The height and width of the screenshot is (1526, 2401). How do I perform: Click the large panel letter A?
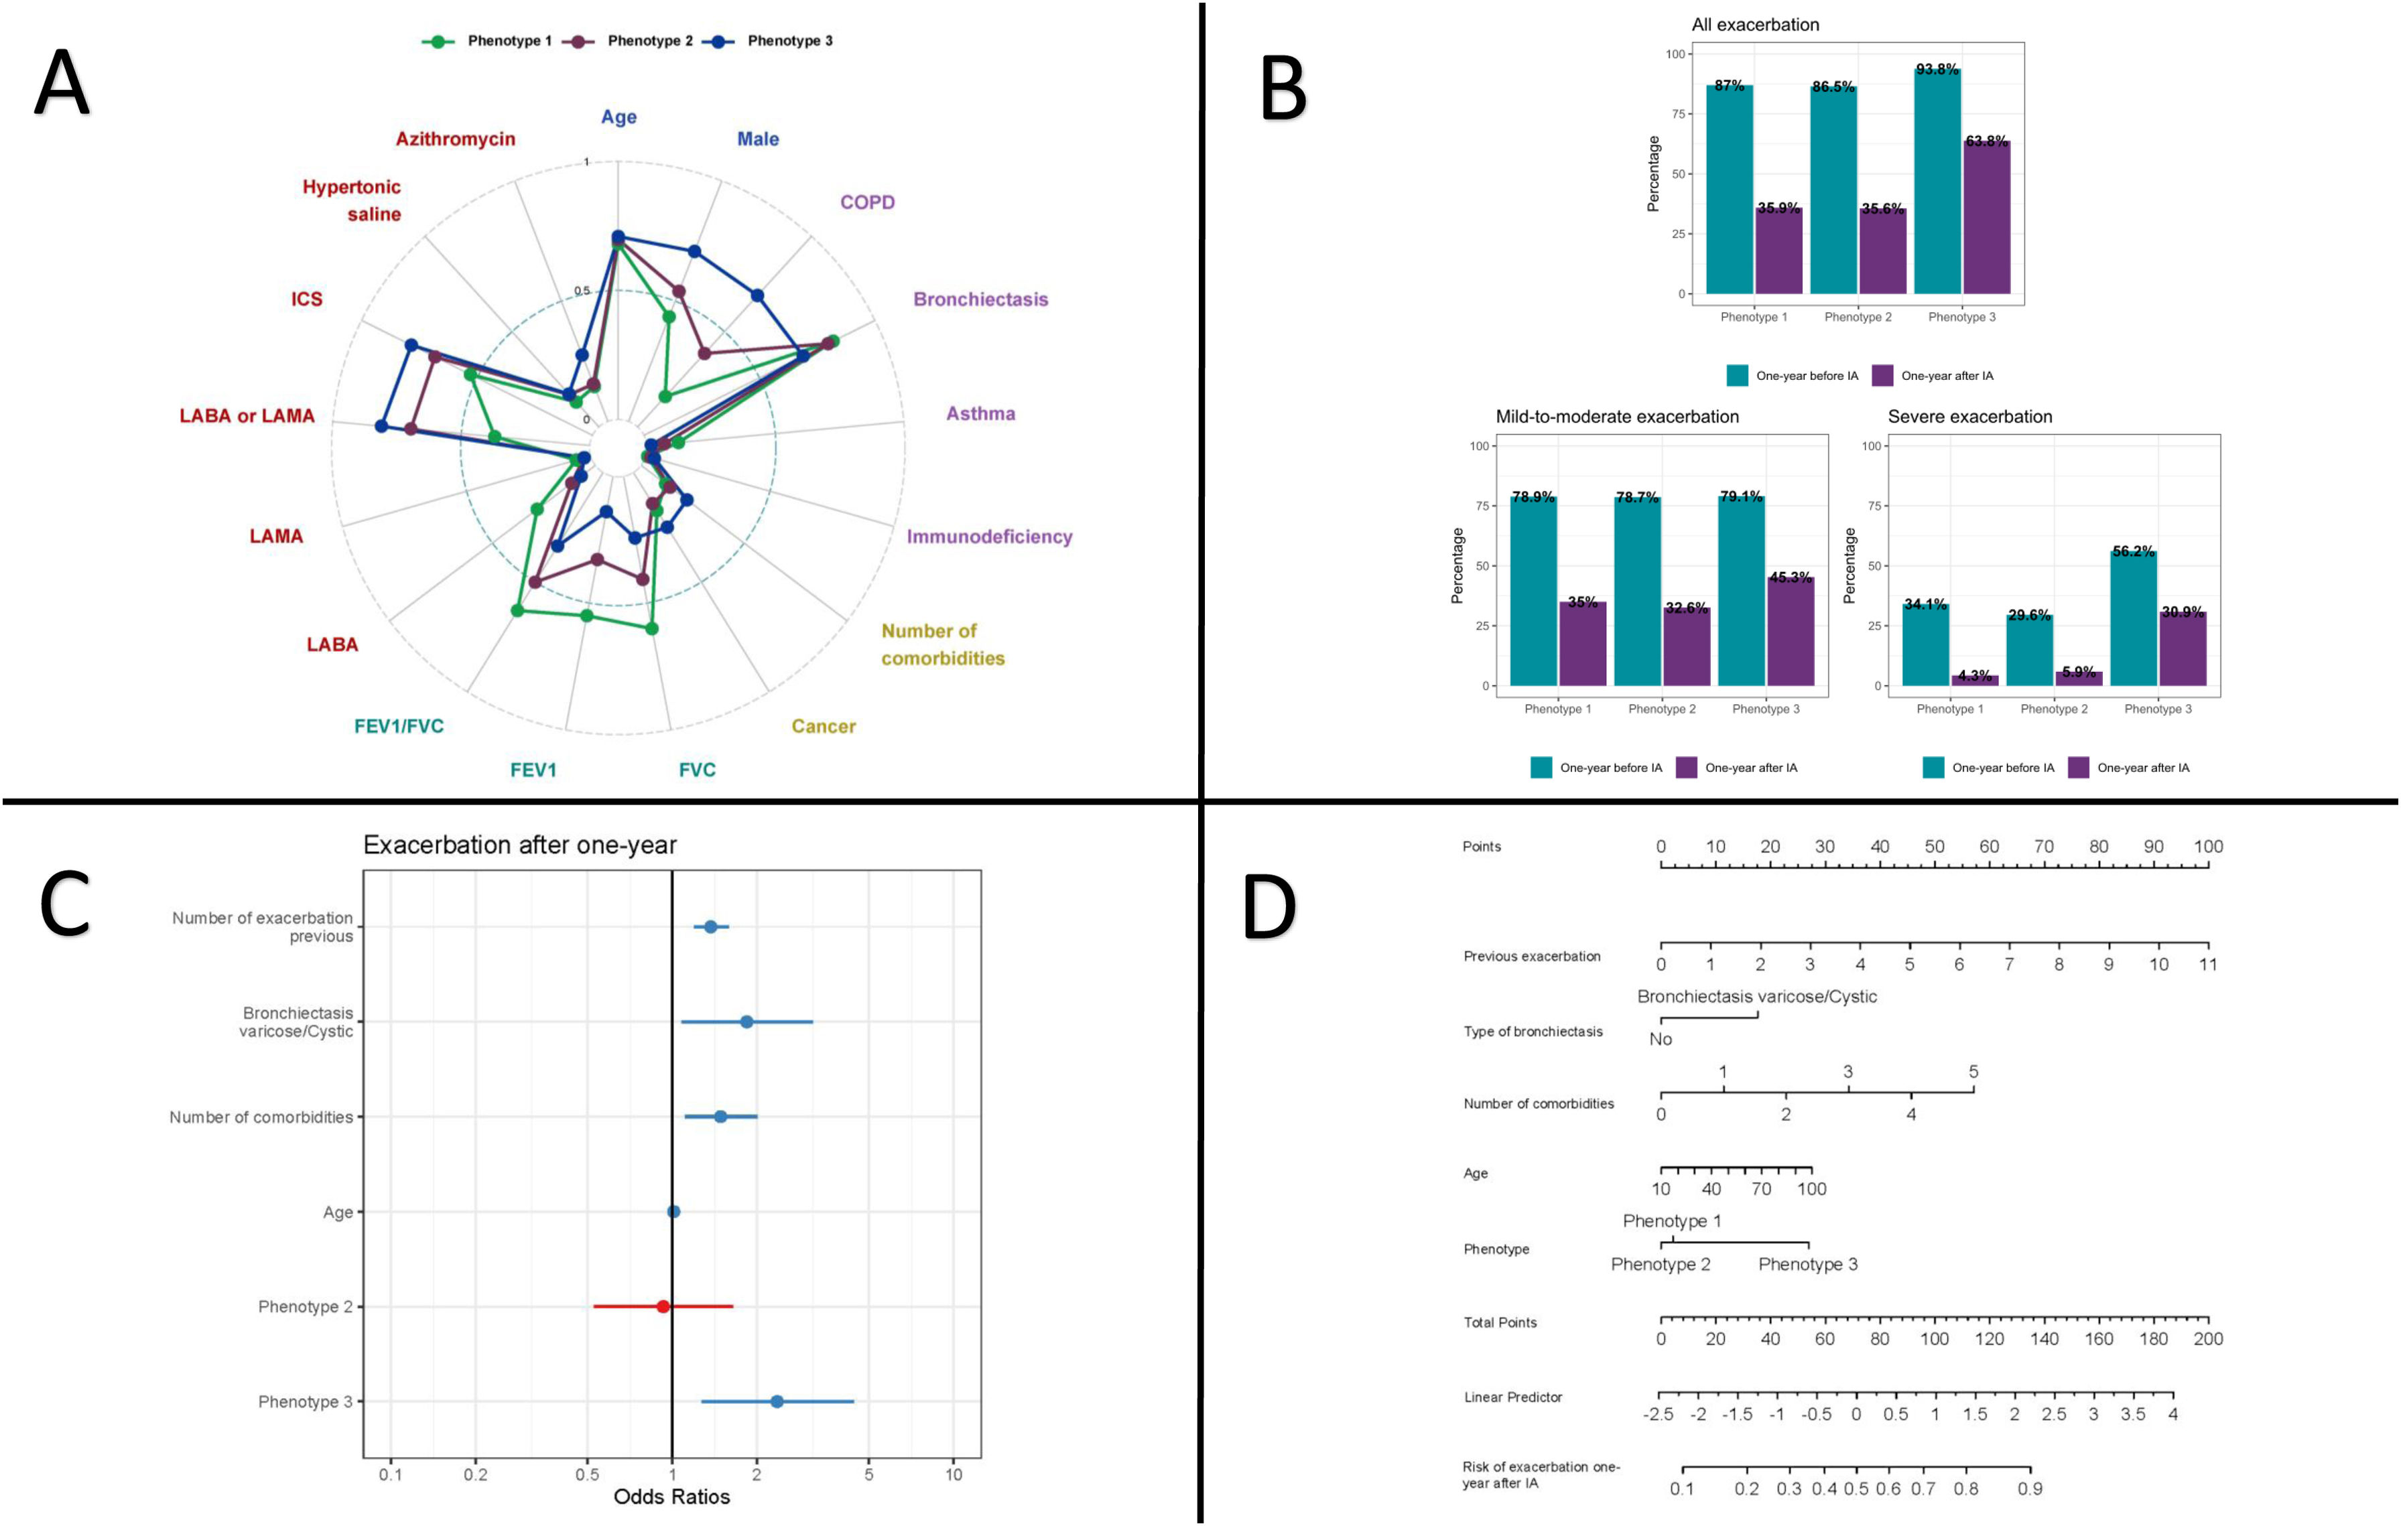pos(62,84)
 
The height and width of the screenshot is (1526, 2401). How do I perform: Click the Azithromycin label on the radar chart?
pos(455,139)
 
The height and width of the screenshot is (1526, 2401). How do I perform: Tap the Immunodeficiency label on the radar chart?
pos(988,536)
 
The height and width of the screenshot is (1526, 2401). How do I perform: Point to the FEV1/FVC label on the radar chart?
pos(399,725)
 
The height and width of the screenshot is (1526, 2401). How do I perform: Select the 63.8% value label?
pos(1986,141)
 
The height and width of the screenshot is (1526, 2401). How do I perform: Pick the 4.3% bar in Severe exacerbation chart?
pos(1974,681)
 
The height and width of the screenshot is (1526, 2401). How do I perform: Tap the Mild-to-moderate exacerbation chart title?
pos(1616,417)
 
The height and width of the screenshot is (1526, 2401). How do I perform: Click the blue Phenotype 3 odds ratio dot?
pos(777,1401)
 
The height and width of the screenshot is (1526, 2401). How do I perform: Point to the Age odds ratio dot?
pos(674,1212)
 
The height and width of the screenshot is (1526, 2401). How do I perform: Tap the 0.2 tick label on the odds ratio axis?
pos(476,1475)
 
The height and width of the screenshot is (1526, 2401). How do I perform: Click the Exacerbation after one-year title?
pos(519,845)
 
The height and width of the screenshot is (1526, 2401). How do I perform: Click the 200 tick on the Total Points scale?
pos(2207,1338)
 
